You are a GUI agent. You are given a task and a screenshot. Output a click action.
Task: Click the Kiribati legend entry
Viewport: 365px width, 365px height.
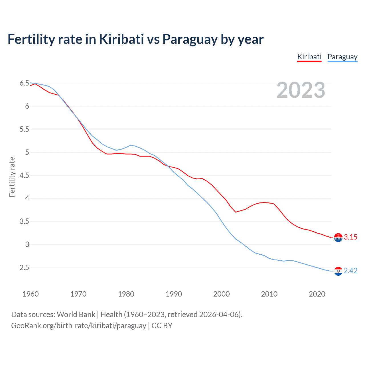[x=309, y=57]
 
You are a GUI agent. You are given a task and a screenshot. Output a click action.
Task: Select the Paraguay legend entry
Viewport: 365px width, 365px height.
[x=342, y=57]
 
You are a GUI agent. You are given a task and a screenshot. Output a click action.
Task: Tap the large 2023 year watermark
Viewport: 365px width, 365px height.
[x=301, y=90]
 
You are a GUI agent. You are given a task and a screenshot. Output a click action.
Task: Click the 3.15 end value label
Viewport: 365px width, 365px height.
[x=350, y=237]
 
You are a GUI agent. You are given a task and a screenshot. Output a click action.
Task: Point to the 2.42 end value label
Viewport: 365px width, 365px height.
[x=350, y=271]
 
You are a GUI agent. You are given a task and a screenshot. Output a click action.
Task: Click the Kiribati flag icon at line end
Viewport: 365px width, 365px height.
[x=338, y=237]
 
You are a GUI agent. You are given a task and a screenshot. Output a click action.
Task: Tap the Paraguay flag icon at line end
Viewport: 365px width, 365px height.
[x=338, y=271]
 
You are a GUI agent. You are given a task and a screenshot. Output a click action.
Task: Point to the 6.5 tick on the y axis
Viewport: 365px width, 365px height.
[x=24, y=83]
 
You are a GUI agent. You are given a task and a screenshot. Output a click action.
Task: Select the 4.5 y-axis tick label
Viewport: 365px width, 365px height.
[x=24, y=175]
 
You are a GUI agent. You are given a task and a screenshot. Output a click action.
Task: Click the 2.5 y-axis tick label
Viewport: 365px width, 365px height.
[x=24, y=268]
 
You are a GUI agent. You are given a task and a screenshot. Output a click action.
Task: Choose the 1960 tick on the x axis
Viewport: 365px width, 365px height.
[x=31, y=294]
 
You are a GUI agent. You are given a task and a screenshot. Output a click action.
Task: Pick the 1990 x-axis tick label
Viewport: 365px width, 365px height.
[x=174, y=294]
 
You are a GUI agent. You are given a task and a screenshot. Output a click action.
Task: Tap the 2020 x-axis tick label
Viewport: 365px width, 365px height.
[x=317, y=294]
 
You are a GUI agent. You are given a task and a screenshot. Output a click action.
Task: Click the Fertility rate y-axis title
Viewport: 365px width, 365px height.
[x=12, y=177]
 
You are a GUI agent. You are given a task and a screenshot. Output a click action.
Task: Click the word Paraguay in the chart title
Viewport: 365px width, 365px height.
[x=190, y=39]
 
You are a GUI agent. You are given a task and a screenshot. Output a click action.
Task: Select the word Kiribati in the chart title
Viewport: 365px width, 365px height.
[x=121, y=39]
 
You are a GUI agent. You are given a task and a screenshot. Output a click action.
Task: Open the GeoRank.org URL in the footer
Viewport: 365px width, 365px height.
[x=78, y=326]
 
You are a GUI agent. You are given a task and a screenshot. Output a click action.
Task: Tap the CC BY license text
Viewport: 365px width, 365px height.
[x=162, y=326]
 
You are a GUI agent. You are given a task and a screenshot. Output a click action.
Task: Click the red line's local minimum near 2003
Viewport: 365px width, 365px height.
[x=236, y=212]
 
